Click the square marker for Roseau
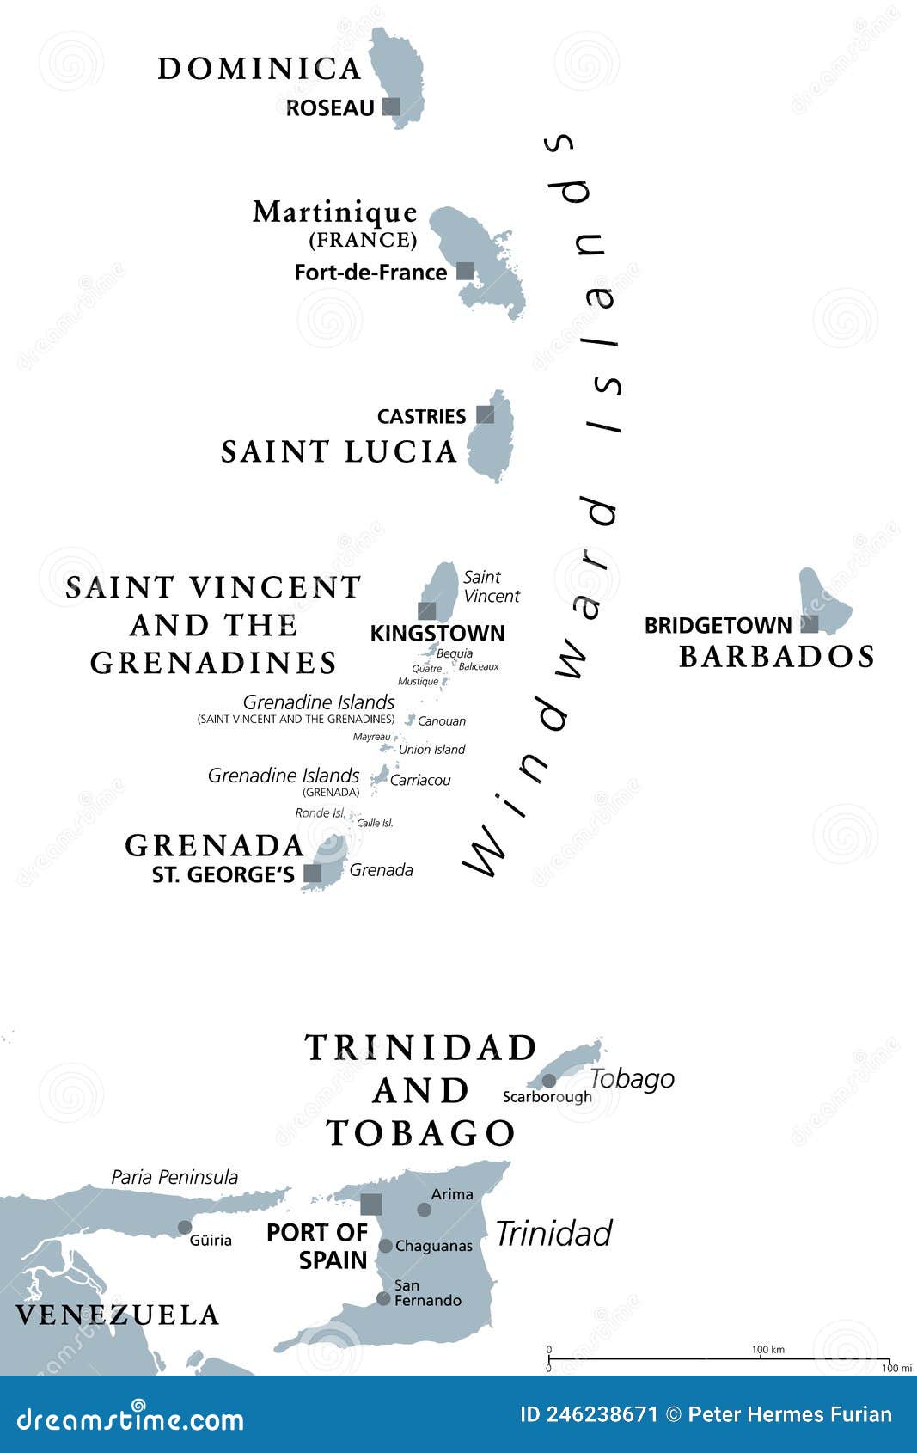click(x=391, y=107)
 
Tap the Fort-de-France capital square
click(x=465, y=272)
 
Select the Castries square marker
click(x=486, y=414)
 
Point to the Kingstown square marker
click(x=427, y=610)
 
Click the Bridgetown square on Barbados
click(x=810, y=623)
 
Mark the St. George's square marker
click(x=313, y=874)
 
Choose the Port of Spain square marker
click(x=371, y=1204)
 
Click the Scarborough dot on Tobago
click(x=549, y=1080)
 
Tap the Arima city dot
click(x=425, y=1210)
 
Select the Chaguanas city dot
click(x=386, y=1246)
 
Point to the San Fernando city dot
click(x=383, y=1298)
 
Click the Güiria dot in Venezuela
click(x=185, y=1227)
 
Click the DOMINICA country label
click(x=260, y=69)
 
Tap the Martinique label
click(x=334, y=212)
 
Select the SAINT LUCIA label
click(x=339, y=452)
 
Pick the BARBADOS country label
click(x=777, y=657)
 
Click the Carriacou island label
click(x=420, y=781)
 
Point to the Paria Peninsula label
click(x=174, y=1177)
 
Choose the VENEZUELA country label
click(x=118, y=1315)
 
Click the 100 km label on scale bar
click(x=767, y=1349)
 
